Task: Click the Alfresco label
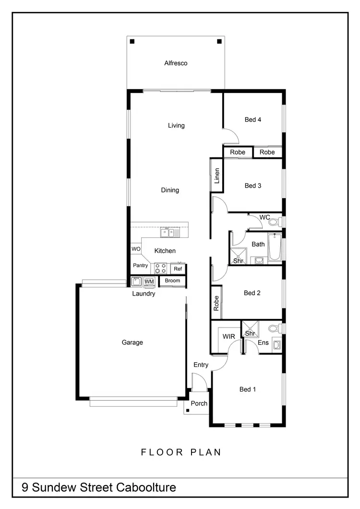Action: [x=176, y=63]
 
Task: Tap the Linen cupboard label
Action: [x=217, y=176]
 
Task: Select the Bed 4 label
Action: [x=252, y=119]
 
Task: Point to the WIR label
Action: [x=228, y=337]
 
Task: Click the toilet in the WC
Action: [x=274, y=222]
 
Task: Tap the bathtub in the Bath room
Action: [x=275, y=247]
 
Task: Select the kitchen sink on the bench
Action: [x=168, y=233]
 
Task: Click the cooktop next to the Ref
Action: [x=160, y=268]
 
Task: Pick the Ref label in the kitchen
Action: [x=178, y=269]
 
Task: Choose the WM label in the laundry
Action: [x=149, y=281]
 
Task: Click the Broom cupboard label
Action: [x=172, y=281]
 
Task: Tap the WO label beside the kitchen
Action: [x=136, y=249]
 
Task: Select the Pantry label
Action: [x=140, y=265]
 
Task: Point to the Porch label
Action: [x=199, y=403]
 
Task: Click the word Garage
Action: [x=132, y=343]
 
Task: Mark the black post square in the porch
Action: [x=188, y=410]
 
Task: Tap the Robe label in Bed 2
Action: [x=216, y=303]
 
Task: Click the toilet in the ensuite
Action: [x=274, y=329]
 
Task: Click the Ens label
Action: [x=263, y=343]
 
